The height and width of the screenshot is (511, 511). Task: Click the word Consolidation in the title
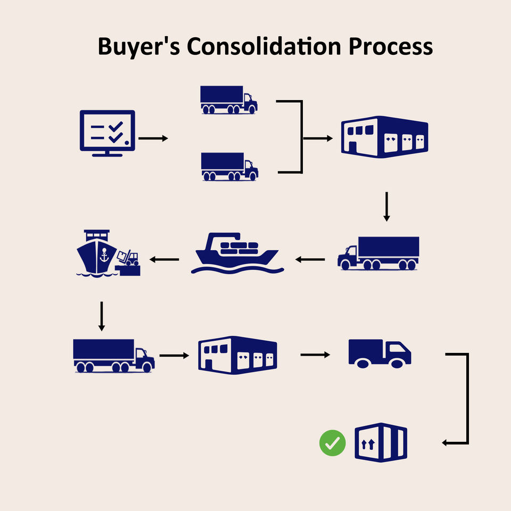(263, 47)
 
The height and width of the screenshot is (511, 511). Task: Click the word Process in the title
(391, 47)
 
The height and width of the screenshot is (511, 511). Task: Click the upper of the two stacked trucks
(228, 100)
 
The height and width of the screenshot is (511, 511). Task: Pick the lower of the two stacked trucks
(229, 167)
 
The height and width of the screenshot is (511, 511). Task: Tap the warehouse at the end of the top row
(384, 137)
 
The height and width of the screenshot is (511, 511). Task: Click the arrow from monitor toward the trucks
(153, 138)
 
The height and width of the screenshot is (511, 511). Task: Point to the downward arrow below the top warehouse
(387, 207)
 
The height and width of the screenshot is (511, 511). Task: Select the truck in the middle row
(378, 253)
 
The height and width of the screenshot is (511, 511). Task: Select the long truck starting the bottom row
(113, 356)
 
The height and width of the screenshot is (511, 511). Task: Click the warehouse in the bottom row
(237, 353)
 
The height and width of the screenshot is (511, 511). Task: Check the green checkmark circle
(333, 442)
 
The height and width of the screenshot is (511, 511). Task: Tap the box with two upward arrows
(381, 443)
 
